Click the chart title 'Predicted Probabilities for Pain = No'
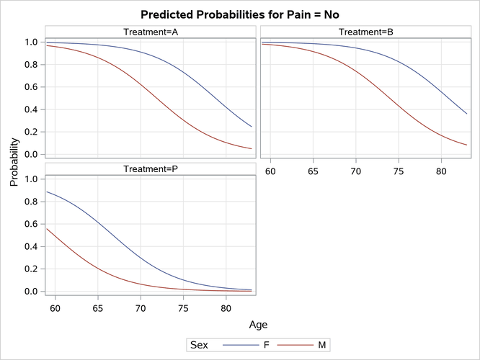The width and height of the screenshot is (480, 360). tap(239, 14)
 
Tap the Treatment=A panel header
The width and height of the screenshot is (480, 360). tap(151, 32)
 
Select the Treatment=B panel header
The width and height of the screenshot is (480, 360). tap(365, 32)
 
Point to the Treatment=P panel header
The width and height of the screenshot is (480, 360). tap(151, 168)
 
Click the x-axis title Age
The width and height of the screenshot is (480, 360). tap(258, 325)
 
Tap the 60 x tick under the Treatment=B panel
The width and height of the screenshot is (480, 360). tap(271, 172)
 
